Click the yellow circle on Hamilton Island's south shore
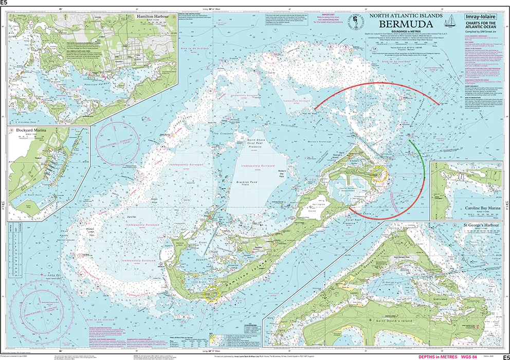click(x=212, y=294)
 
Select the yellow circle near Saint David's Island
click(x=379, y=174)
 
